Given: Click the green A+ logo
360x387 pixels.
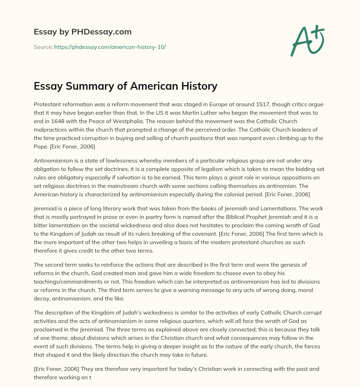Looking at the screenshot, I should pyautogui.click(x=307, y=41).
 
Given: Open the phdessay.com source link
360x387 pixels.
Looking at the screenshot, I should pyautogui.click(x=110, y=47).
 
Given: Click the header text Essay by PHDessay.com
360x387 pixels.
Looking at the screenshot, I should pyautogui.click(x=83, y=32).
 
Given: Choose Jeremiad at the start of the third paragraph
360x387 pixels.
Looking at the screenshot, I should pyautogui.click(x=46, y=209).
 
